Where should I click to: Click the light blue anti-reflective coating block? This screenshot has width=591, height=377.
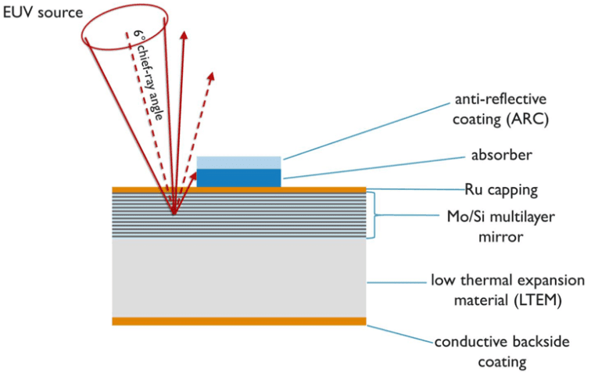pos(238,162)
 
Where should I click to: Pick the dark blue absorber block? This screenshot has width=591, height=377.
pos(238,178)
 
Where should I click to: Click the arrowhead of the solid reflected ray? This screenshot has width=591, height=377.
pos(184,35)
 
